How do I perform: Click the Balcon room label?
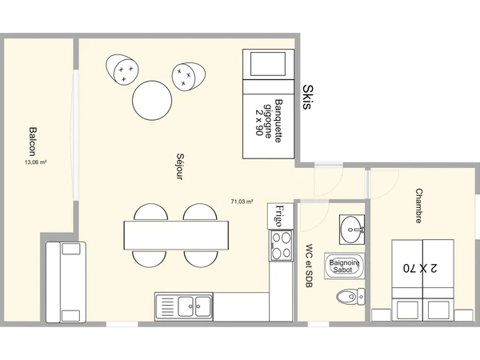pyautogui.click(x=32, y=142)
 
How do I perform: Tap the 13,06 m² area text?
pyautogui.click(x=35, y=162)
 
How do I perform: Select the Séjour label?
pyautogui.click(x=181, y=166)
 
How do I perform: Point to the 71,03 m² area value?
pyautogui.click(x=242, y=202)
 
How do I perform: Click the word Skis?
pyautogui.click(x=308, y=97)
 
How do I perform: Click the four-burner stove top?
pyautogui.click(x=281, y=246)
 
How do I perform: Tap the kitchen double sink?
pyautogui.click(x=184, y=306)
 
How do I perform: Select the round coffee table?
pyautogui.click(x=152, y=101)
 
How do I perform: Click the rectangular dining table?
pyautogui.click(x=176, y=235)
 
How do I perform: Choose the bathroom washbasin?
pyautogui.click(x=352, y=230)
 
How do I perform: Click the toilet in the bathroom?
pyautogui.click(x=351, y=297)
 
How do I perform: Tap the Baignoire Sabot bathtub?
pyautogui.click(x=344, y=266)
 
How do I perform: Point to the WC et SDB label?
pyautogui.click(x=309, y=266)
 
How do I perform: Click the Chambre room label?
pyautogui.click(x=418, y=206)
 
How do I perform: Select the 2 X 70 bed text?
pyautogui.click(x=420, y=268)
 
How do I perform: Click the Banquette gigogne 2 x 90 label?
pyautogui.click(x=269, y=121)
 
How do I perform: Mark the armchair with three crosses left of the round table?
pyautogui.click(x=122, y=70)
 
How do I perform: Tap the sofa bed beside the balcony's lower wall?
pyautogui.click(x=66, y=282)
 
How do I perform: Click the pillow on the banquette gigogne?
pyautogui.click(x=268, y=64)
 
